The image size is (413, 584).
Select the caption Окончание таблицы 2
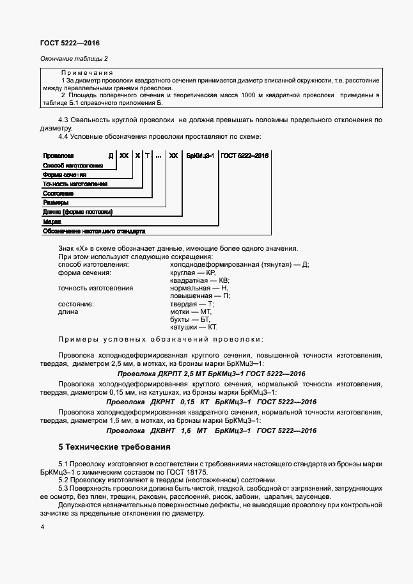[x=74, y=59]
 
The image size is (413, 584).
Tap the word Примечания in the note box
[x=87, y=73]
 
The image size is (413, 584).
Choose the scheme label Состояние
[x=58, y=193]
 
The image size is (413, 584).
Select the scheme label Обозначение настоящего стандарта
[x=94, y=230]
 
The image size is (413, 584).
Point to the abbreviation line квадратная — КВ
[x=199, y=280]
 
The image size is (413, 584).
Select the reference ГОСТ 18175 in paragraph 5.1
[x=189, y=471]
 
